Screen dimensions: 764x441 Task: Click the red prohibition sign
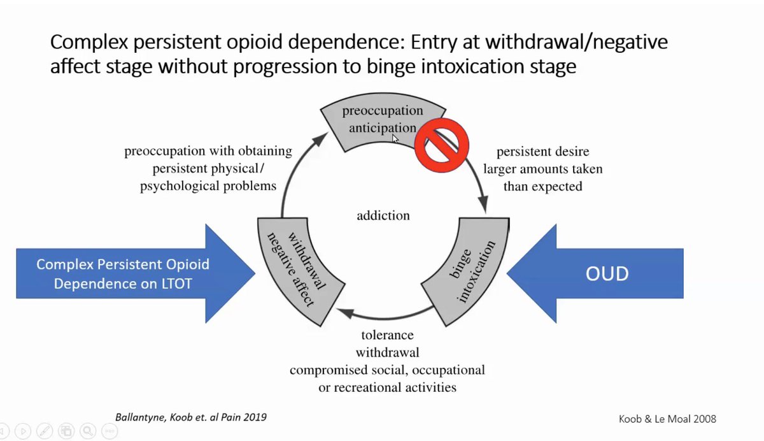[x=442, y=145]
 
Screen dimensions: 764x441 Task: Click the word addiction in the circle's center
[x=383, y=216]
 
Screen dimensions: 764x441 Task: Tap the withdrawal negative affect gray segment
[x=297, y=270]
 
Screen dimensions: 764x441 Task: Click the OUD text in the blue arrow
[x=607, y=273]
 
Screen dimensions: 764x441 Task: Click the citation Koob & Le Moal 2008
[x=667, y=419]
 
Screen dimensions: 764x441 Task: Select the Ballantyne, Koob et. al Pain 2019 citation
[x=191, y=417]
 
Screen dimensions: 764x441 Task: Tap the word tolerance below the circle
[x=388, y=335]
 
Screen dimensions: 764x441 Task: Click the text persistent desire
[x=542, y=152]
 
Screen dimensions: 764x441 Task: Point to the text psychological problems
[x=208, y=186]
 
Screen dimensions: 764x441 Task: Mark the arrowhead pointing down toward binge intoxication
[x=484, y=204]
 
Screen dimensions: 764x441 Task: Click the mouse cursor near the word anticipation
[x=395, y=139]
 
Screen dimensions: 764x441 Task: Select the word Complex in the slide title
[x=89, y=42]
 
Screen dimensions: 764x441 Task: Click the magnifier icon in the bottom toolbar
[x=88, y=431]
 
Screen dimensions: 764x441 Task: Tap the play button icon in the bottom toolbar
[x=23, y=431]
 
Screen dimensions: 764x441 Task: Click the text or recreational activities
[x=388, y=387]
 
